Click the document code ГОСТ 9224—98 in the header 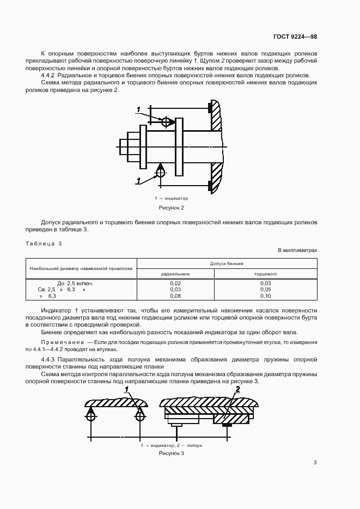point(295,37)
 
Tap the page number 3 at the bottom point(315,463)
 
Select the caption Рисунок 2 point(172,207)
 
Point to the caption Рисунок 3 point(172,453)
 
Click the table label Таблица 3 point(44,243)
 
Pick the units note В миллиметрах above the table point(297,250)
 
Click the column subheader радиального point(175,274)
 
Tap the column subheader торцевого point(265,274)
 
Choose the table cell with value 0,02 point(175,284)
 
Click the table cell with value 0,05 point(265,290)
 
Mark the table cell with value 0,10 point(265,296)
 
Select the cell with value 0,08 point(175,296)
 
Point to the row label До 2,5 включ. point(75,284)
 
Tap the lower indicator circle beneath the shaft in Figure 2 point(161,172)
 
